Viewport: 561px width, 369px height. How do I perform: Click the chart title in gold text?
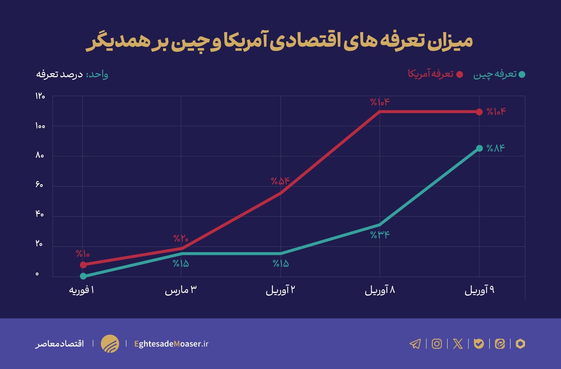(x=279, y=41)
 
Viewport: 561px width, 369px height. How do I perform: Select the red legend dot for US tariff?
(x=460, y=74)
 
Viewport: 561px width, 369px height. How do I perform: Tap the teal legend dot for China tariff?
(x=522, y=74)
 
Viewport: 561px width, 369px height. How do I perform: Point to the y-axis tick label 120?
(x=40, y=96)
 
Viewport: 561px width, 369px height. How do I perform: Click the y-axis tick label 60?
(x=39, y=185)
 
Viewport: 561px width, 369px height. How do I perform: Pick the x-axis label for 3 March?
(x=181, y=290)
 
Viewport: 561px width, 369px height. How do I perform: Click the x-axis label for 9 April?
(x=479, y=290)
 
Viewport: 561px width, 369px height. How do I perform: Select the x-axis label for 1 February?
(x=82, y=290)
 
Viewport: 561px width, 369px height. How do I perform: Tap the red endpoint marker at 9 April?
(x=479, y=112)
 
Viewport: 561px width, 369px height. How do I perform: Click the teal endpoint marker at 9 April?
(x=479, y=148)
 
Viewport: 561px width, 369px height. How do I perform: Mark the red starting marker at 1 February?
(x=83, y=265)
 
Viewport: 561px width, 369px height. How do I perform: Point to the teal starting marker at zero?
(x=83, y=276)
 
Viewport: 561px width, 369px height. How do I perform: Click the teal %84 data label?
(x=495, y=148)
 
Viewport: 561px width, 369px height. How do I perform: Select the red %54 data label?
(x=280, y=181)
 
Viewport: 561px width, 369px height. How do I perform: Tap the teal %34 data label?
(x=380, y=235)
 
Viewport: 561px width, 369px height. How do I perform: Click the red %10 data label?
(x=83, y=254)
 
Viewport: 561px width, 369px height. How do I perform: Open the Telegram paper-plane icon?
(x=415, y=344)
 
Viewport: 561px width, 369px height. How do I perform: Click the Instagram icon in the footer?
(x=437, y=344)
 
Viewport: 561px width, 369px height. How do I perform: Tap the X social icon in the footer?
(x=458, y=344)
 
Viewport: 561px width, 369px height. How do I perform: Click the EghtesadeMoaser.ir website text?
(x=171, y=344)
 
